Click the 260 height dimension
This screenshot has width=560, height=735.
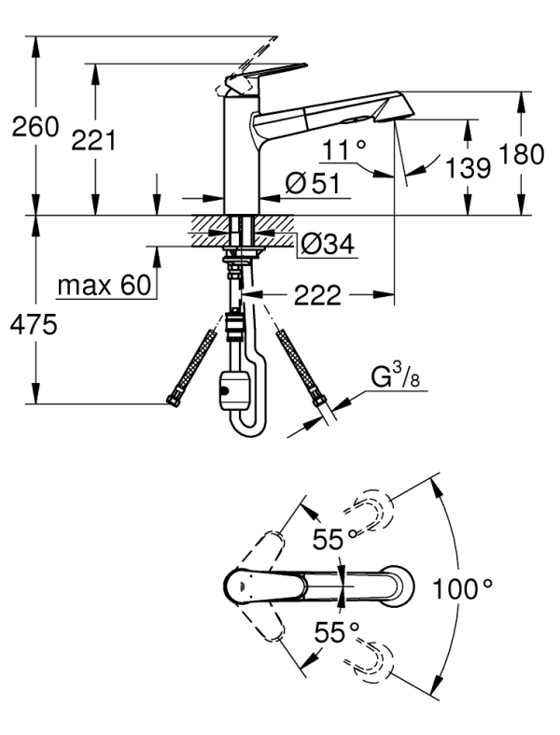coord(35,128)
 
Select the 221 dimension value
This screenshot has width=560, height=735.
coord(94,142)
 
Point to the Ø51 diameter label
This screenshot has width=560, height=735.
coord(309,184)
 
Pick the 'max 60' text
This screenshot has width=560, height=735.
coord(104,285)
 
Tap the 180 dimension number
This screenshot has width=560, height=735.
coord(522,156)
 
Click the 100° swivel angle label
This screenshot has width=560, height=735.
coord(462,589)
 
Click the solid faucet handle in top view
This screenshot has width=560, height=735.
coord(271,587)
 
